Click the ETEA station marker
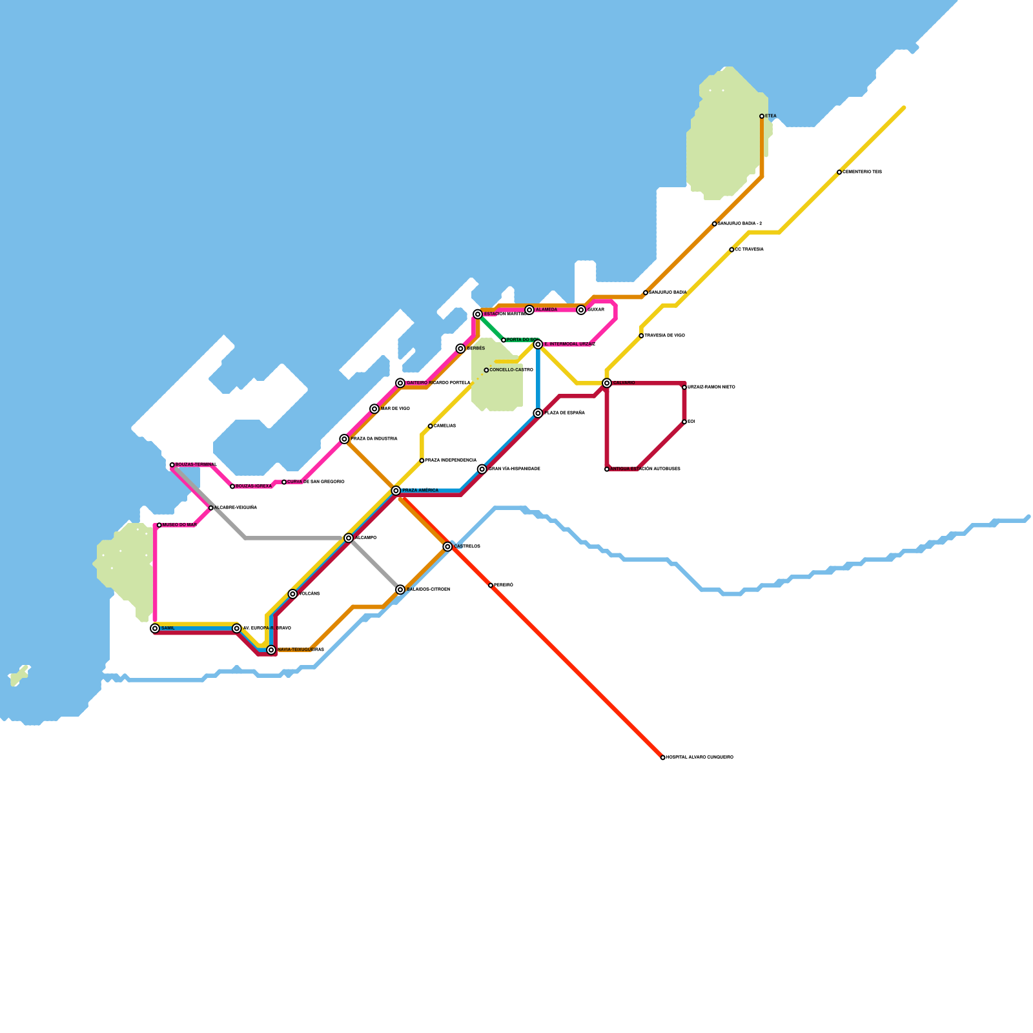[x=762, y=116]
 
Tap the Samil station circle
[x=155, y=628]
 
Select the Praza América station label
[x=420, y=491]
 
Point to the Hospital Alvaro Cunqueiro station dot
[x=663, y=757]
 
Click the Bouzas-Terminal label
[x=196, y=465]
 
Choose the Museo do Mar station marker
[x=159, y=525]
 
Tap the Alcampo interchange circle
[x=349, y=538]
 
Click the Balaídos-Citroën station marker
[x=400, y=589]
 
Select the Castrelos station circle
[x=447, y=547]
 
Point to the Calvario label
[x=624, y=383]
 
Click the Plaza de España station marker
[x=538, y=413]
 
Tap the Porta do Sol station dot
[x=504, y=340]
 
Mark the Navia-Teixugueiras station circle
[x=271, y=649]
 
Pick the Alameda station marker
[x=529, y=310]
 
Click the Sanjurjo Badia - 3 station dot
[x=714, y=223]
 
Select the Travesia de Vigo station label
[x=664, y=336]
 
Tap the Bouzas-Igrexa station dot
[x=232, y=486]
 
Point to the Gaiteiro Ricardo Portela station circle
[x=400, y=383]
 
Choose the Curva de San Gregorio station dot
[x=284, y=482]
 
